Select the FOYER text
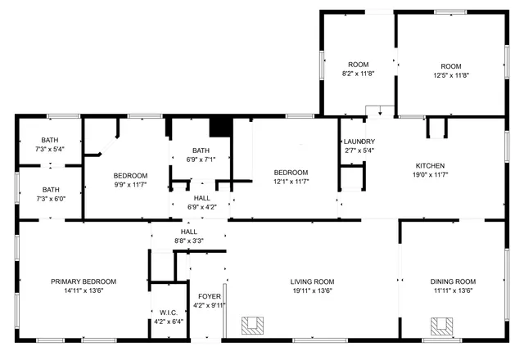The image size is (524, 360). pos(204,297)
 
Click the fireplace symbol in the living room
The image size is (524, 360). pos(253,325)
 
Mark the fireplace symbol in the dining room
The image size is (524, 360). pos(443,325)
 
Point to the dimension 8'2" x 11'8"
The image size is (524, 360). pos(358,74)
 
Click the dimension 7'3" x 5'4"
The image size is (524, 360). pos(51,149)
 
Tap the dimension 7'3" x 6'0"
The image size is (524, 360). pos(51,198)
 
